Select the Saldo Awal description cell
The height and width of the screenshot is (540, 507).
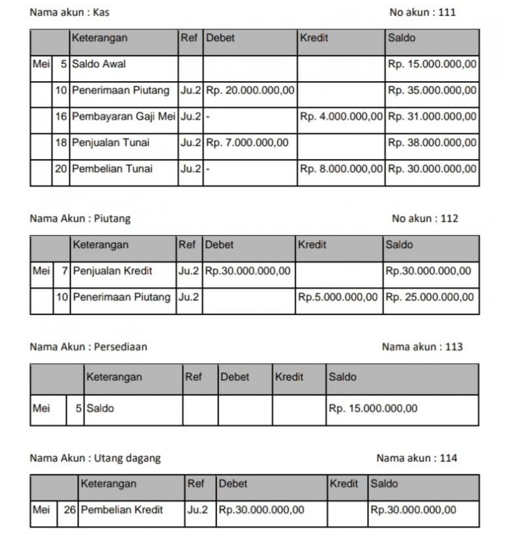click(99, 64)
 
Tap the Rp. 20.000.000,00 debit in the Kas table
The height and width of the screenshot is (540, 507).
click(250, 90)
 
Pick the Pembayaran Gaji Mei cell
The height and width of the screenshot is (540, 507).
click(123, 117)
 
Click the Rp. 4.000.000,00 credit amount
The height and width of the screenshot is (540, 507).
click(341, 117)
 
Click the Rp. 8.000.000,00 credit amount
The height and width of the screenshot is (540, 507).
click(341, 169)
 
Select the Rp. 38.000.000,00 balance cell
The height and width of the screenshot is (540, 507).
click(432, 143)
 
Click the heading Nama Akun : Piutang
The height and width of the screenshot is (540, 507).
click(81, 219)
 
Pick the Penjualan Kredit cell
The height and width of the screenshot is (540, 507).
click(112, 271)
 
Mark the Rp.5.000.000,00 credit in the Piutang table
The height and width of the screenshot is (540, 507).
click(338, 297)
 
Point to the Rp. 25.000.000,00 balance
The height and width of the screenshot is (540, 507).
click(430, 297)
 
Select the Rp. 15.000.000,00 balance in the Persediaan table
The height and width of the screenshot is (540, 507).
click(373, 409)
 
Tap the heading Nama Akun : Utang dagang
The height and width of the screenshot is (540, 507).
click(95, 458)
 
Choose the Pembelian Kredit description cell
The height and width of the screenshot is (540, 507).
click(121, 510)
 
